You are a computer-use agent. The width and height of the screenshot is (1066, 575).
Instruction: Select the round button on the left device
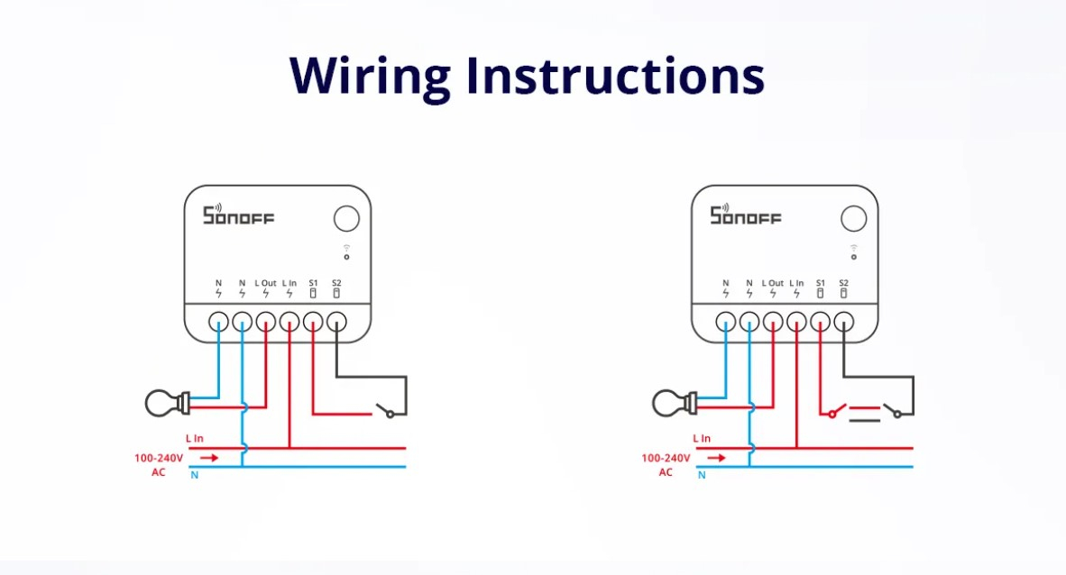(x=346, y=219)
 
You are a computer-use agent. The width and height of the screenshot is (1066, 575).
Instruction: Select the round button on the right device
(x=853, y=219)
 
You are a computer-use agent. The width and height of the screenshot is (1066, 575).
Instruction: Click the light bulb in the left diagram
(x=168, y=402)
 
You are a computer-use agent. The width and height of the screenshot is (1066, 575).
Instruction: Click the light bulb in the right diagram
(x=675, y=402)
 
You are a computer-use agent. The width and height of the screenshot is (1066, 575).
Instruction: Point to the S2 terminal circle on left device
(x=336, y=322)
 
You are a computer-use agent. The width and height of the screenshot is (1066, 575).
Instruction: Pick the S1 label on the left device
(x=313, y=283)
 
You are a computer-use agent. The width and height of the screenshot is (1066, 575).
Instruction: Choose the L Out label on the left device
(x=266, y=283)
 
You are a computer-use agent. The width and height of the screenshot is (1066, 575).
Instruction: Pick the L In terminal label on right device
(x=796, y=283)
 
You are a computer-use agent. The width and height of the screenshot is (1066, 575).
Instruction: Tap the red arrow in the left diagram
(x=209, y=458)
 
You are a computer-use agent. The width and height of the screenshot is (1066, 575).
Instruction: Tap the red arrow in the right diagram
(x=716, y=458)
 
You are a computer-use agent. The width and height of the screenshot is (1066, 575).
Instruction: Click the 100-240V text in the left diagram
(x=159, y=458)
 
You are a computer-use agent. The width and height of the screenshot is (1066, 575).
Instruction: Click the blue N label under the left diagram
(x=195, y=475)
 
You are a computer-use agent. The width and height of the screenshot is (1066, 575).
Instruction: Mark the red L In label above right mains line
(x=702, y=439)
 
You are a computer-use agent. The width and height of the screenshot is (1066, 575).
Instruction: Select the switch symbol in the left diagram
(x=387, y=412)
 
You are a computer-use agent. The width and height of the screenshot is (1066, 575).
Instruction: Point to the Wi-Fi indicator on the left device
(x=346, y=251)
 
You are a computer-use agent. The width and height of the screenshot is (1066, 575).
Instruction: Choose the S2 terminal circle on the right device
(x=843, y=322)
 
